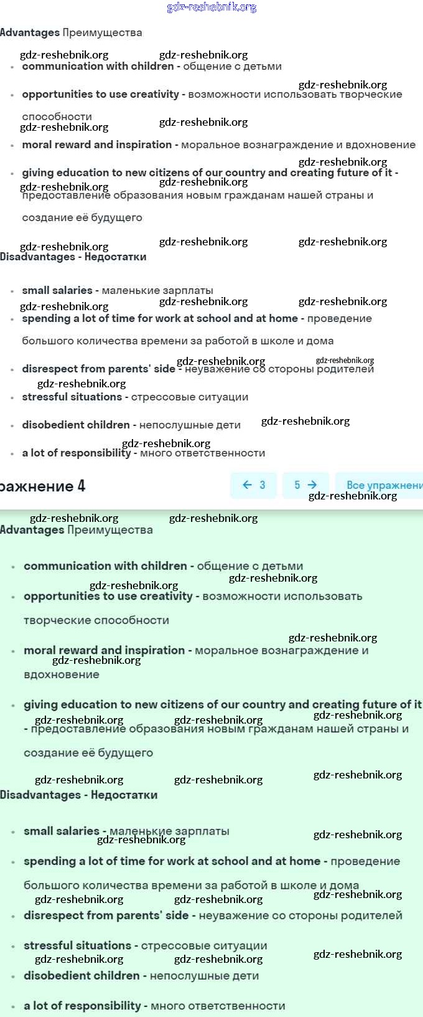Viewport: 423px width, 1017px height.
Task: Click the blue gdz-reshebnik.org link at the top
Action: coord(211,7)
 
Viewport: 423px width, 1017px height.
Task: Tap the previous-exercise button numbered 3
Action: coord(253,485)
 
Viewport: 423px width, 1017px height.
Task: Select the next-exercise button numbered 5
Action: coord(305,485)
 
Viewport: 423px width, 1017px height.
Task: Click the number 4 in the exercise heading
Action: coord(81,486)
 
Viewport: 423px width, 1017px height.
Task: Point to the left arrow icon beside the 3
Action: coord(247,485)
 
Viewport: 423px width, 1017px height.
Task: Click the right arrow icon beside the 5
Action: coord(312,485)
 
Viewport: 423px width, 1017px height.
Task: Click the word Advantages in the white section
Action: coord(30,32)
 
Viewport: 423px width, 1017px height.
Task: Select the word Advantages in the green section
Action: coord(32,530)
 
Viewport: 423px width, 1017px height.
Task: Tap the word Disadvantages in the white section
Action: coord(37,257)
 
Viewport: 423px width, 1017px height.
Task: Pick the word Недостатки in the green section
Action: coord(124,795)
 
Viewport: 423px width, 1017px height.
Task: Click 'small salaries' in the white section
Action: coord(57,290)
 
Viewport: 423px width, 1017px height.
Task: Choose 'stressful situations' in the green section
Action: coord(77,945)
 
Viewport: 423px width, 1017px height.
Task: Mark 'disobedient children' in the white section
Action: coord(76,425)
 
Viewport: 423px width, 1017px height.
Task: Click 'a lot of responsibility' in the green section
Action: coord(82,1006)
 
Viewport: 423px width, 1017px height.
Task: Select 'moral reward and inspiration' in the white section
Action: coord(97,144)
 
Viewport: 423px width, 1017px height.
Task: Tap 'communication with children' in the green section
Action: coord(105,566)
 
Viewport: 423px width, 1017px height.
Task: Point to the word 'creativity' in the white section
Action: coord(155,94)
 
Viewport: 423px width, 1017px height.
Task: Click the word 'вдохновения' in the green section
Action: coord(62,674)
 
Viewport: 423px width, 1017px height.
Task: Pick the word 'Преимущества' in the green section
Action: coord(110,530)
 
